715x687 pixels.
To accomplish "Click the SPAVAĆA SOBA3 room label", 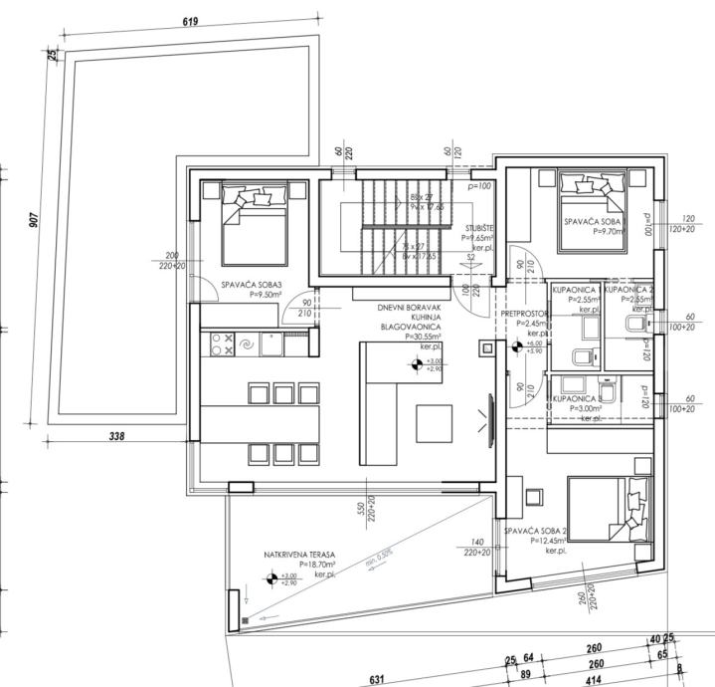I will (252, 283).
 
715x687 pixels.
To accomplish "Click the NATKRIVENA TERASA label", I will (299, 554).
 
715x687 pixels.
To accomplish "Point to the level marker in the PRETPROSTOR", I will (517, 347).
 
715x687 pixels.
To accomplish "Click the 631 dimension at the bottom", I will (377, 679).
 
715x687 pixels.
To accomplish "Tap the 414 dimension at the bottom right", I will (596, 679).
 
